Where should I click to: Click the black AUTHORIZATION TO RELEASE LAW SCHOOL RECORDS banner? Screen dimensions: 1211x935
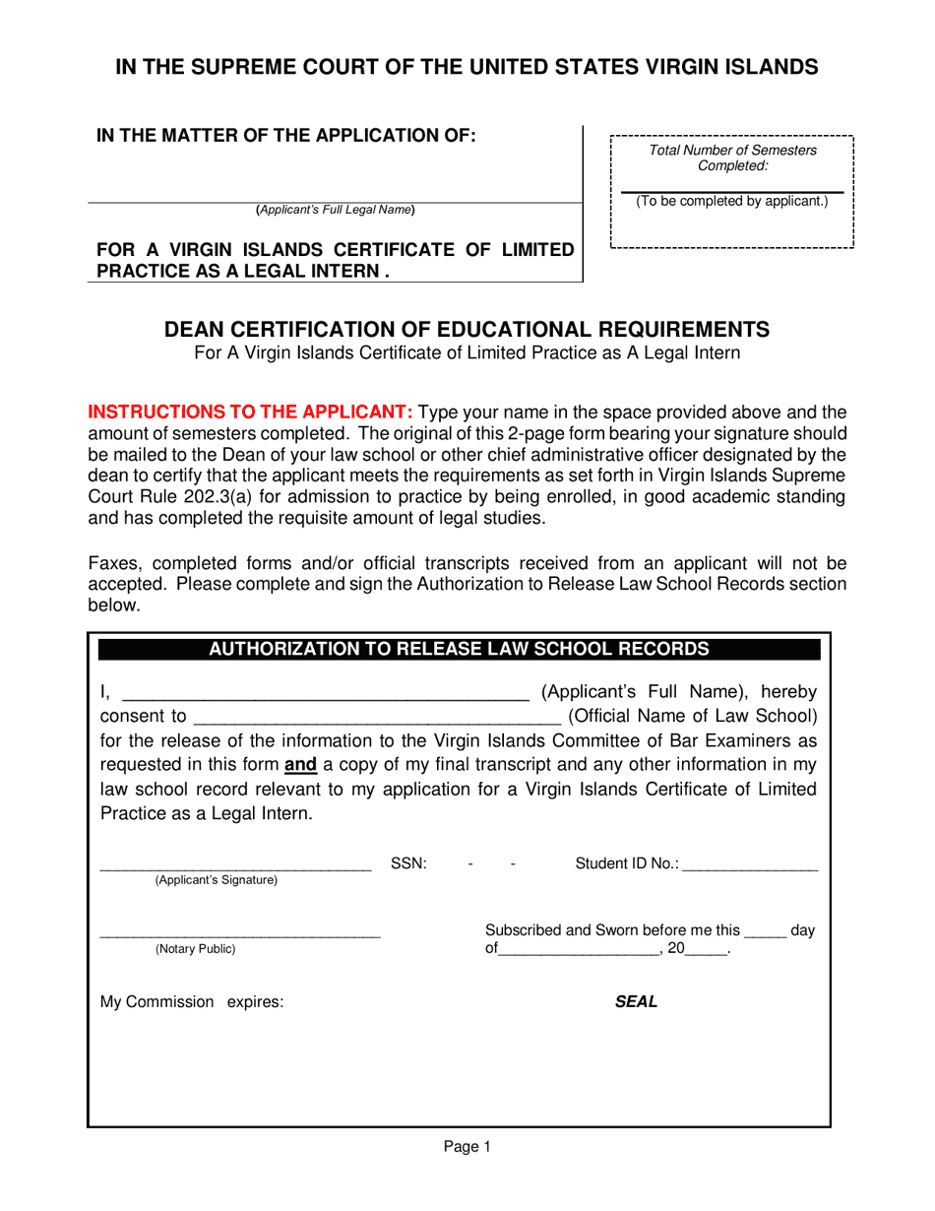coord(459,649)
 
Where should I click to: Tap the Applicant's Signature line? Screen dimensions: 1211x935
coord(235,867)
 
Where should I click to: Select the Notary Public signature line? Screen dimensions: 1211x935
coord(240,931)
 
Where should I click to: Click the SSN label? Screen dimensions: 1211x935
coord(408,863)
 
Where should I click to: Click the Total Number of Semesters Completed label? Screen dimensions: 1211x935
coord(732,158)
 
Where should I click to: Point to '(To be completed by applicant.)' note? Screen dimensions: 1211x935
coord(732,201)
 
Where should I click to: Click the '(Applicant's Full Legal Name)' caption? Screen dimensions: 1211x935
coord(336,210)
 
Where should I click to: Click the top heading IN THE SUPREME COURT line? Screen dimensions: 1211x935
coord(467,67)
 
